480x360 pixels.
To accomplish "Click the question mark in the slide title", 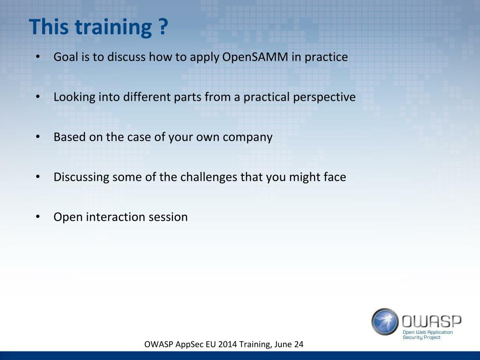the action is pyautogui.click(x=164, y=27).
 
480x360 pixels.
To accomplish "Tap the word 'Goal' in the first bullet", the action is pyautogui.click(x=66, y=57).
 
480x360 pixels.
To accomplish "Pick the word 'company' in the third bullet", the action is pyautogui.click(x=247, y=138).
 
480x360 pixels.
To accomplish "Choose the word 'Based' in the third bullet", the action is pyautogui.click(x=69, y=137).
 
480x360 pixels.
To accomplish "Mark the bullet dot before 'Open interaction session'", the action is pyautogui.click(x=38, y=217).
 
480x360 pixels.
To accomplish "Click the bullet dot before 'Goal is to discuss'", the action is pyautogui.click(x=38, y=57).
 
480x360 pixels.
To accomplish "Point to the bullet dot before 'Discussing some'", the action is pyautogui.click(x=38, y=177).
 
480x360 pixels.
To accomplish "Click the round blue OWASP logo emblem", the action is pyautogui.click(x=385, y=322).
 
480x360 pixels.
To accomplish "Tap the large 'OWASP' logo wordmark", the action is pyautogui.click(x=432, y=321).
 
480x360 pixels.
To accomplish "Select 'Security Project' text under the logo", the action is pyautogui.click(x=421, y=337).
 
